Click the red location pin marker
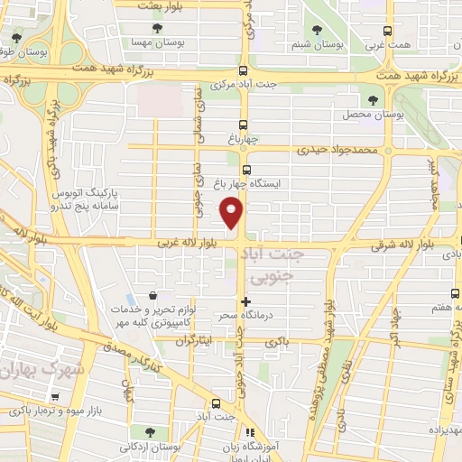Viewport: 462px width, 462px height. (x=232, y=213)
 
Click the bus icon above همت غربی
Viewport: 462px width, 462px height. (x=389, y=29)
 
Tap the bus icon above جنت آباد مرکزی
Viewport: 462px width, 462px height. (x=242, y=71)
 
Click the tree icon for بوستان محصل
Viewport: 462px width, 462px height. (x=373, y=100)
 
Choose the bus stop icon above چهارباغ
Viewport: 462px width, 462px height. (x=242, y=125)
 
